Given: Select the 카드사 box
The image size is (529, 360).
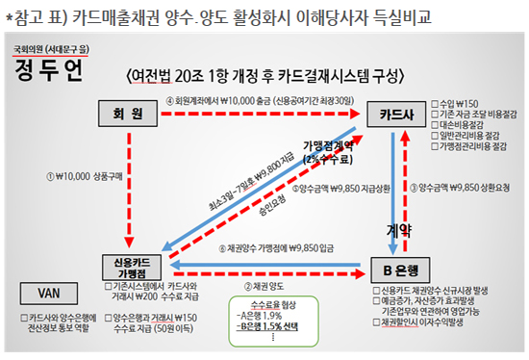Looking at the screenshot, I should click(394, 114).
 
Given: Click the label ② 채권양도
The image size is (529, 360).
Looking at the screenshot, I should click(266, 287).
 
